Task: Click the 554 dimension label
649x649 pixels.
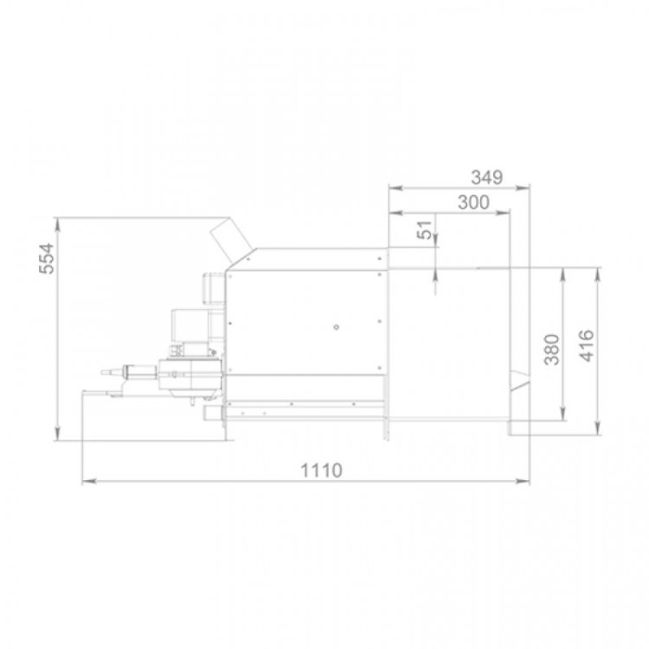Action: [x=47, y=259]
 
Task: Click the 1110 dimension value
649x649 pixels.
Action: [x=321, y=471]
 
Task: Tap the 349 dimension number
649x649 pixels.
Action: [x=486, y=177]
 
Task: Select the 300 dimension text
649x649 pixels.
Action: [x=473, y=202]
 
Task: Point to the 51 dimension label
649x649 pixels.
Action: [x=424, y=229]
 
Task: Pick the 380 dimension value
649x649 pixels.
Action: [x=551, y=350]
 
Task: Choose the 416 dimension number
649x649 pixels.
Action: [x=586, y=346]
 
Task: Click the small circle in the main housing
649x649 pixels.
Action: [x=336, y=327]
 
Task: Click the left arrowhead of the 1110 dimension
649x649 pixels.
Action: [x=89, y=481]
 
